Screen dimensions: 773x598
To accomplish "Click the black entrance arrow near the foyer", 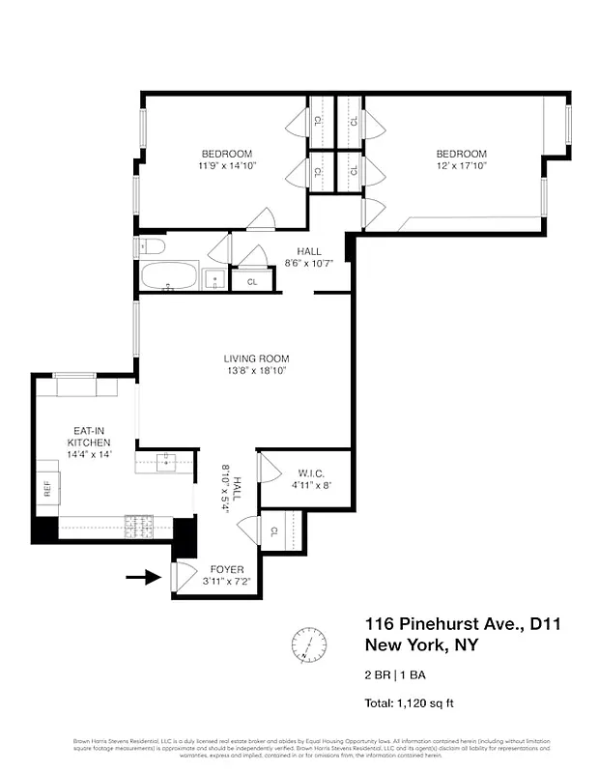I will (x=142, y=578).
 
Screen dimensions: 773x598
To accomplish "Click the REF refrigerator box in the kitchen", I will (x=46, y=488).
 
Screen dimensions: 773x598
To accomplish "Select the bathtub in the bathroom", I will (x=169, y=277).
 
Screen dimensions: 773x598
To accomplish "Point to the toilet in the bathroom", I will (x=145, y=246).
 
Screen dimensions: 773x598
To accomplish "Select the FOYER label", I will (x=222, y=570).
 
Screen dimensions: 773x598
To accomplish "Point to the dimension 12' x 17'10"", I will (x=461, y=166).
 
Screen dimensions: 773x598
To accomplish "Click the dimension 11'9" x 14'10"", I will (x=226, y=166).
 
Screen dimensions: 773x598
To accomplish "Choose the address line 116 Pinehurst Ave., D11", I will (x=462, y=624).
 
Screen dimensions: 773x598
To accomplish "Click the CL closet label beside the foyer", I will (x=275, y=530).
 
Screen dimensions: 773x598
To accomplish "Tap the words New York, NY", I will (x=420, y=645).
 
